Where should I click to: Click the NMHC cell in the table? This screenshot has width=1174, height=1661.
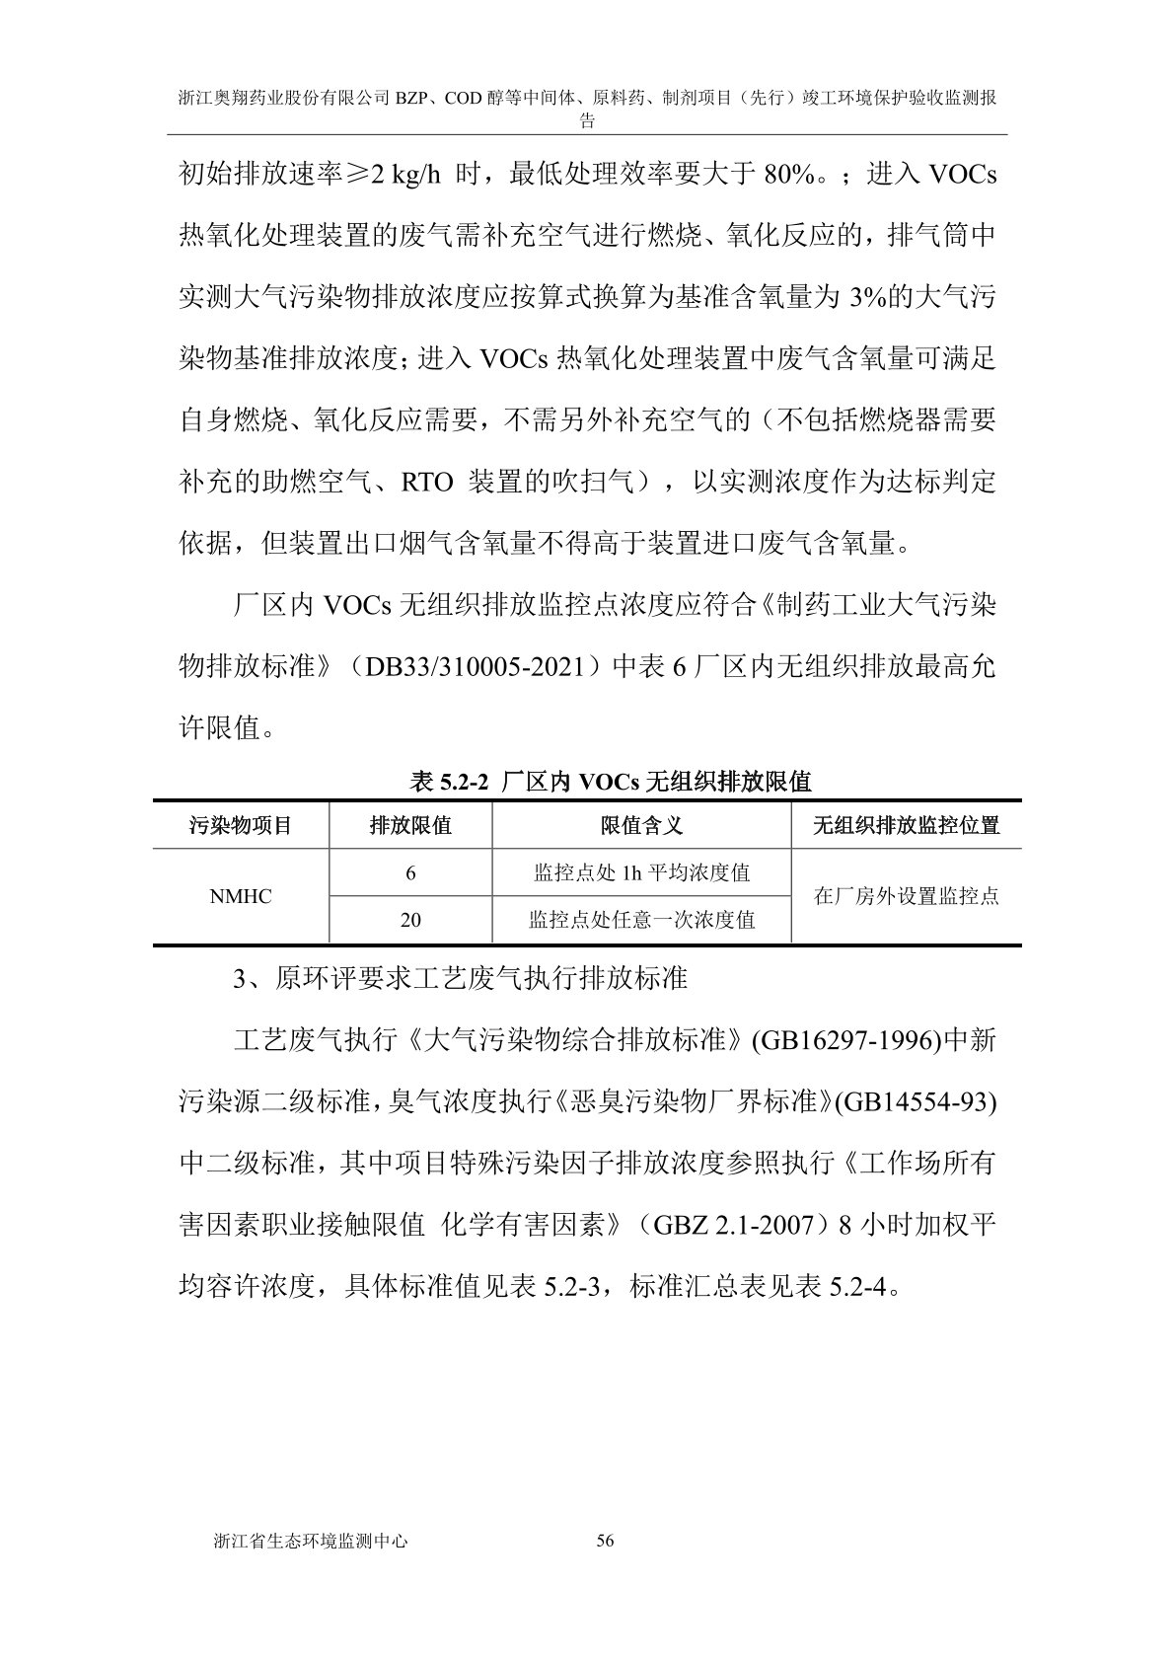tap(240, 896)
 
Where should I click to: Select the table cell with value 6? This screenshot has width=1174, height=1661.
tap(410, 873)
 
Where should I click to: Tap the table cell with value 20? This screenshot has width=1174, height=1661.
tap(410, 920)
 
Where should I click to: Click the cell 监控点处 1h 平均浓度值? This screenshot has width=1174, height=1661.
tap(641, 873)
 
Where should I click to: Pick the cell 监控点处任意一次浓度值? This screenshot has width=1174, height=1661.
tap(641, 920)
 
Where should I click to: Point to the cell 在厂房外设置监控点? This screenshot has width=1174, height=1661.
tap(906, 896)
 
